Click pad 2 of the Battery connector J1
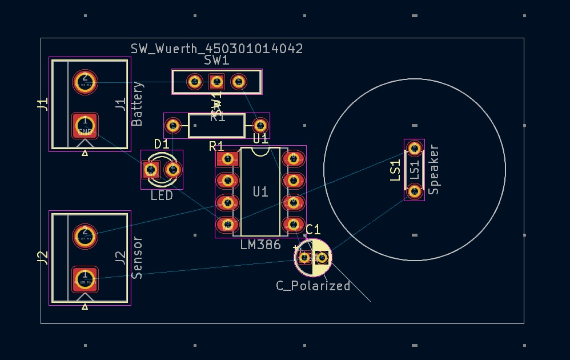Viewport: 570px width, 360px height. (x=85, y=82)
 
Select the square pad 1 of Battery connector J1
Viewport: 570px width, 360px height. (x=85, y=125)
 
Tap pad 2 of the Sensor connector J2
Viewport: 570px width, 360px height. (x=85, y=235)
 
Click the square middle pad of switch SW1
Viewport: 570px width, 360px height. (x=216, y=82)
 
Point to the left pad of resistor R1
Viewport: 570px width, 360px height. (x=174, y=125)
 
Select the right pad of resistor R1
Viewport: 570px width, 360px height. (x=260, y=125)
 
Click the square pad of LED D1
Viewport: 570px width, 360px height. (x=151, y=169)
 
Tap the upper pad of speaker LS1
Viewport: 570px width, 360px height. (x=414, y=149)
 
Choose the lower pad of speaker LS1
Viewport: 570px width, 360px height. (x=414, y=190)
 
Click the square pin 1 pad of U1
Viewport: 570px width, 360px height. (x=228, y=159)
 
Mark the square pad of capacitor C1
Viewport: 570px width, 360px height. (x=305, y=258)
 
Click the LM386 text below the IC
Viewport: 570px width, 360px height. (x=260, y=245)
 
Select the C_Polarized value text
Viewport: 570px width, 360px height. (x=313, y=286)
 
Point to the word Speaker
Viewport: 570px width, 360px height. (x=433, y=170)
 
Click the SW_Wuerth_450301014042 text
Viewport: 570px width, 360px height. (x=216, y=49)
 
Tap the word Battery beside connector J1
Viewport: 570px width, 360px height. (x=137, y=103)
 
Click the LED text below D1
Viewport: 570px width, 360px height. (x=162, y=196)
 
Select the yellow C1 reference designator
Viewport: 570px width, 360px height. (x=313, y=230)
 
